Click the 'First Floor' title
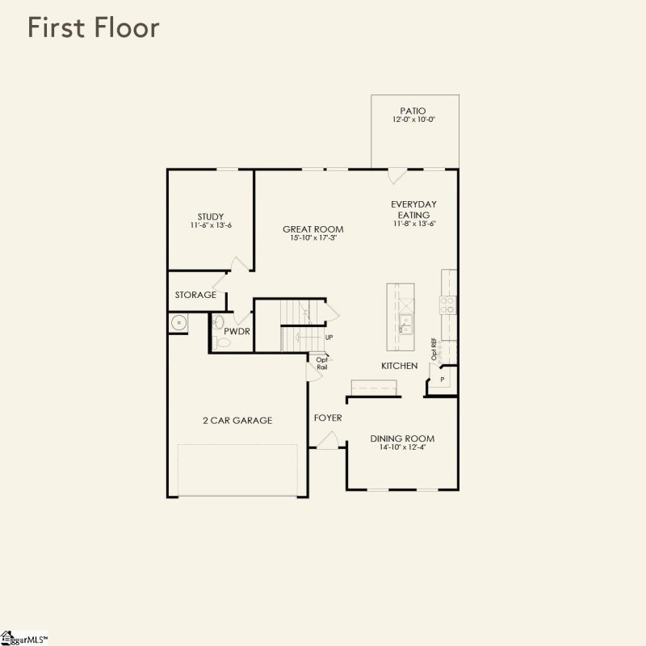[94, 27]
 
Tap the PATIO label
[413, 111]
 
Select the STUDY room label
[211, 216]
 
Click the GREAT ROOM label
[313, 229]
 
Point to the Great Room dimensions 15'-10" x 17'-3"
[313, 238]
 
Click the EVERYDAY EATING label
[413, 210]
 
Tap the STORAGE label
[195, 295]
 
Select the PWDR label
[236, 331]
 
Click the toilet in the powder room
[224, 343]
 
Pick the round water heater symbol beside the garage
[178, 324]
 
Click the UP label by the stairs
[329, 338]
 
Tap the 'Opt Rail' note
[321, 363]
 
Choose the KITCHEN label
[400, 366]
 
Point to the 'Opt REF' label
[434, 350]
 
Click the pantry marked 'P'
[442, 379]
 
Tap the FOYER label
[328, 417]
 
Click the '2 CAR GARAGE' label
[237, 420]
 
